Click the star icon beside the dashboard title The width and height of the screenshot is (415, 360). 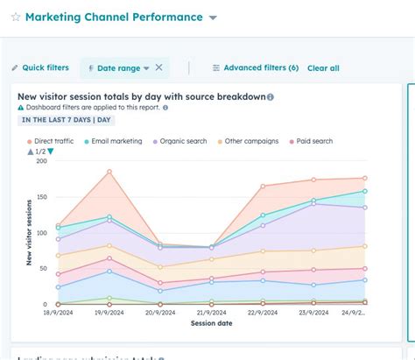pyautogui.click(x=15, y=18)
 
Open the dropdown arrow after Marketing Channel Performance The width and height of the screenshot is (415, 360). pyautogui.click(x=214, y=18)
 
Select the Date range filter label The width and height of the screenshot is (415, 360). pyautogui.click(x=117, y=67)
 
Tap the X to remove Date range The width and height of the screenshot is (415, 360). pyautogui.click(x=158, y=67)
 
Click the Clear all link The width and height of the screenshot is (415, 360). pyautogui.click(x=323, y=67)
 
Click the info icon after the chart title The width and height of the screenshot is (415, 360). pyautogui.click(x=270, y=97)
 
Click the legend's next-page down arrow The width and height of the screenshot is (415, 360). pyautogui.click(x=50, y=152)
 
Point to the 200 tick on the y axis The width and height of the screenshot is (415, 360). pyautogui.click(x=40, y=161)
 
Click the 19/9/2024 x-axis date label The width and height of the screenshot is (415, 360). pyautogui.click(x=109, y=312)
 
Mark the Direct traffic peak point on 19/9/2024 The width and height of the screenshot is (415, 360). pyautogui.click(x=109, y=171)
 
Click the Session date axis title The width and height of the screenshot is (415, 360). pyautogui.click(x=212, y=323)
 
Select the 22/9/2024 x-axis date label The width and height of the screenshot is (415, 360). pyautogui.click(x=263, y=312)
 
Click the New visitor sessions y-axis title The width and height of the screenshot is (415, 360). pyautogui.click(x=29, y=232)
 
